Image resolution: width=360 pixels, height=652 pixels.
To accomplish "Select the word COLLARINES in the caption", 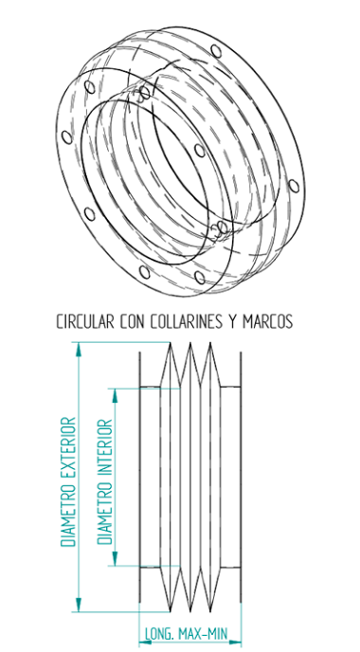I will click(x=188, y=322).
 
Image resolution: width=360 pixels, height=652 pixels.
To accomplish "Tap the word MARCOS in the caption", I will click(x=268, y=322).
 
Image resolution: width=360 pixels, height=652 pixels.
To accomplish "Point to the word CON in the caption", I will click(x=135, y=322).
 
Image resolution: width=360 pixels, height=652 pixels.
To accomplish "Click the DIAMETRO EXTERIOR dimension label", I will click(x=67, y=481).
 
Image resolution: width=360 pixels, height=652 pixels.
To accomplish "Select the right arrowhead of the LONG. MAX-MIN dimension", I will click(x=238, y=626).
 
